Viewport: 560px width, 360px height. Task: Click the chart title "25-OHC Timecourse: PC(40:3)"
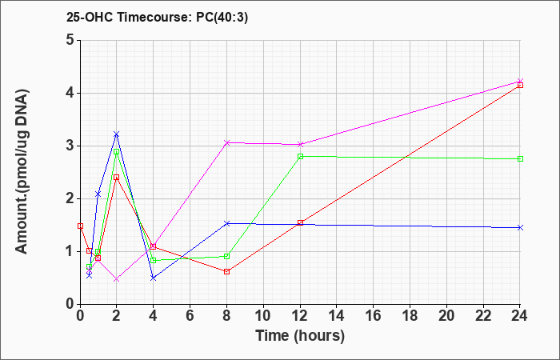(157, 18)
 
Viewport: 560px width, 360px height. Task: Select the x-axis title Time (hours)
(300, 336)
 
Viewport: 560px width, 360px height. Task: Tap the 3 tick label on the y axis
(70, 146)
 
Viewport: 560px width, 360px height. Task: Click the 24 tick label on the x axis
(520, 315)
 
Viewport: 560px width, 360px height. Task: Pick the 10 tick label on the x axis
(263, 315)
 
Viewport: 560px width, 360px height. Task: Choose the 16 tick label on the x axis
(374, 315)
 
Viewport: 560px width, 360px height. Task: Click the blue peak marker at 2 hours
(116, 134)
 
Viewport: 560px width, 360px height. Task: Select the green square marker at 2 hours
(116, 151)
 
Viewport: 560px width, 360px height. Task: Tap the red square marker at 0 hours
(80, 226)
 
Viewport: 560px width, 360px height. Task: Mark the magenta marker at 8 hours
(226, 143)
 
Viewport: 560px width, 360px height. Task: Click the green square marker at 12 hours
(300, 157)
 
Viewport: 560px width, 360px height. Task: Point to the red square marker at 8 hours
(226, 272)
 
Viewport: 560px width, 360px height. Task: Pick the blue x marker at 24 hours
(520, 227)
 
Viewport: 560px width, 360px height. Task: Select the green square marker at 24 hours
(520, 159)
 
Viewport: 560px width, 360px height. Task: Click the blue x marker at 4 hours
(154, 278)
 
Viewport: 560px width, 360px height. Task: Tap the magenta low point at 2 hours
(116, 279)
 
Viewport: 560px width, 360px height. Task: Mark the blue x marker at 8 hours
(226, 223)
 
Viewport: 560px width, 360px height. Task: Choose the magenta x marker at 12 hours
(300, 144)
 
